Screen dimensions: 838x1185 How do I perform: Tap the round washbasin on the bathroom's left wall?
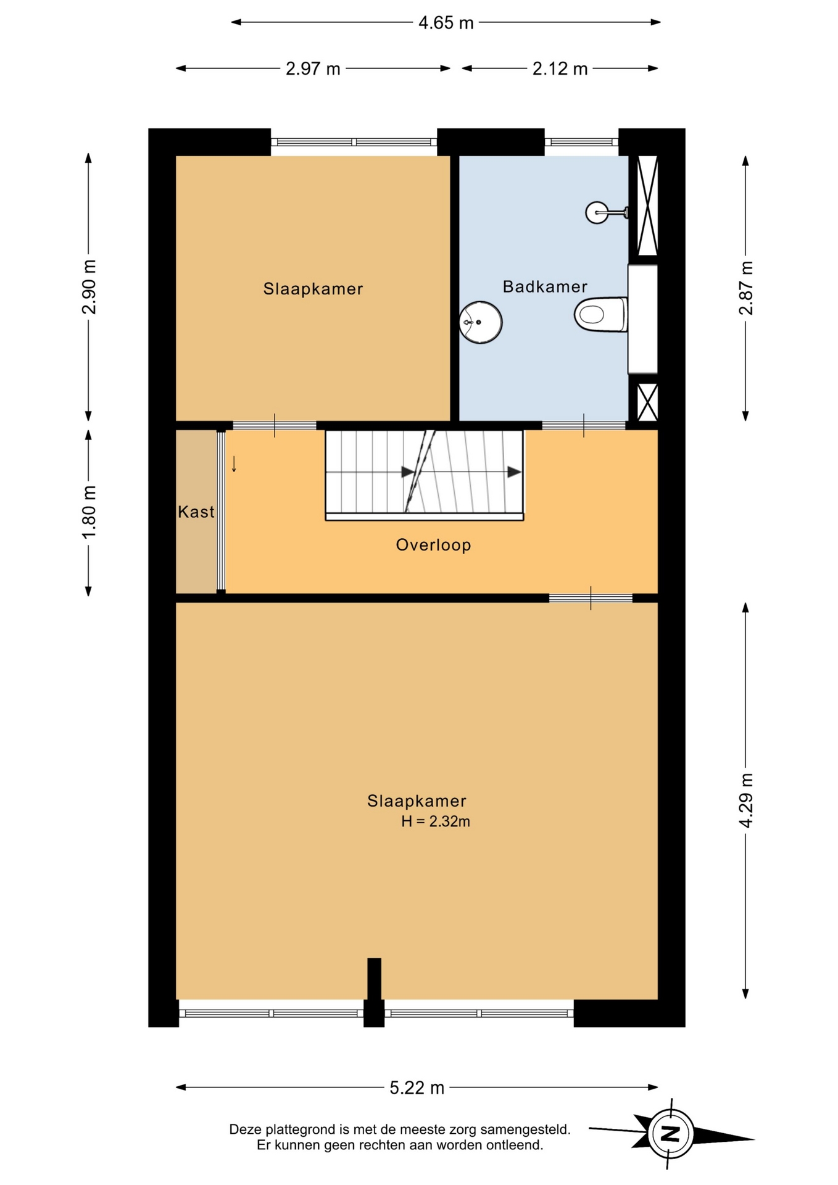point(480,322)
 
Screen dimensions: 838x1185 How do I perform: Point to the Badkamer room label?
point(545,286)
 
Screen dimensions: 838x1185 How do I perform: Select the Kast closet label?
point(196,512)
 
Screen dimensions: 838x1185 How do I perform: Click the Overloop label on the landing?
point(433,545)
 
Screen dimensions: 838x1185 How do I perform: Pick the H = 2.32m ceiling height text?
point(436,821)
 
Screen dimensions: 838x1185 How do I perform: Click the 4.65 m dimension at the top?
point(446,23)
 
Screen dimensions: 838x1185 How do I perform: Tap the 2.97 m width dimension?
point(313,69)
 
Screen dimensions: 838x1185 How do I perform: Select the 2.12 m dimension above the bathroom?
point(560,69)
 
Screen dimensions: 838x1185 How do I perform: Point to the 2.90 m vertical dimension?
point(89,287)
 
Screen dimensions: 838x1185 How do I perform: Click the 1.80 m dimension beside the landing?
point(89,512)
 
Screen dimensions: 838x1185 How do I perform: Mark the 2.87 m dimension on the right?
point(746,288)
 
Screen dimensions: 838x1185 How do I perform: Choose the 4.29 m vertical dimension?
point(746,800)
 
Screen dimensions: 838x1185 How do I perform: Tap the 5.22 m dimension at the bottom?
point(417,1087)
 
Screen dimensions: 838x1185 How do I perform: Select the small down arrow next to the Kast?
point(234,464)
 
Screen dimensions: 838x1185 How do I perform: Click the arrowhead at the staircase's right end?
point(514,472)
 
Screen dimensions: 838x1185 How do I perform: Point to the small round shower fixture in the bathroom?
point(597,213)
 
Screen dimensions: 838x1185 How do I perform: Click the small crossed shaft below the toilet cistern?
point(647,402)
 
